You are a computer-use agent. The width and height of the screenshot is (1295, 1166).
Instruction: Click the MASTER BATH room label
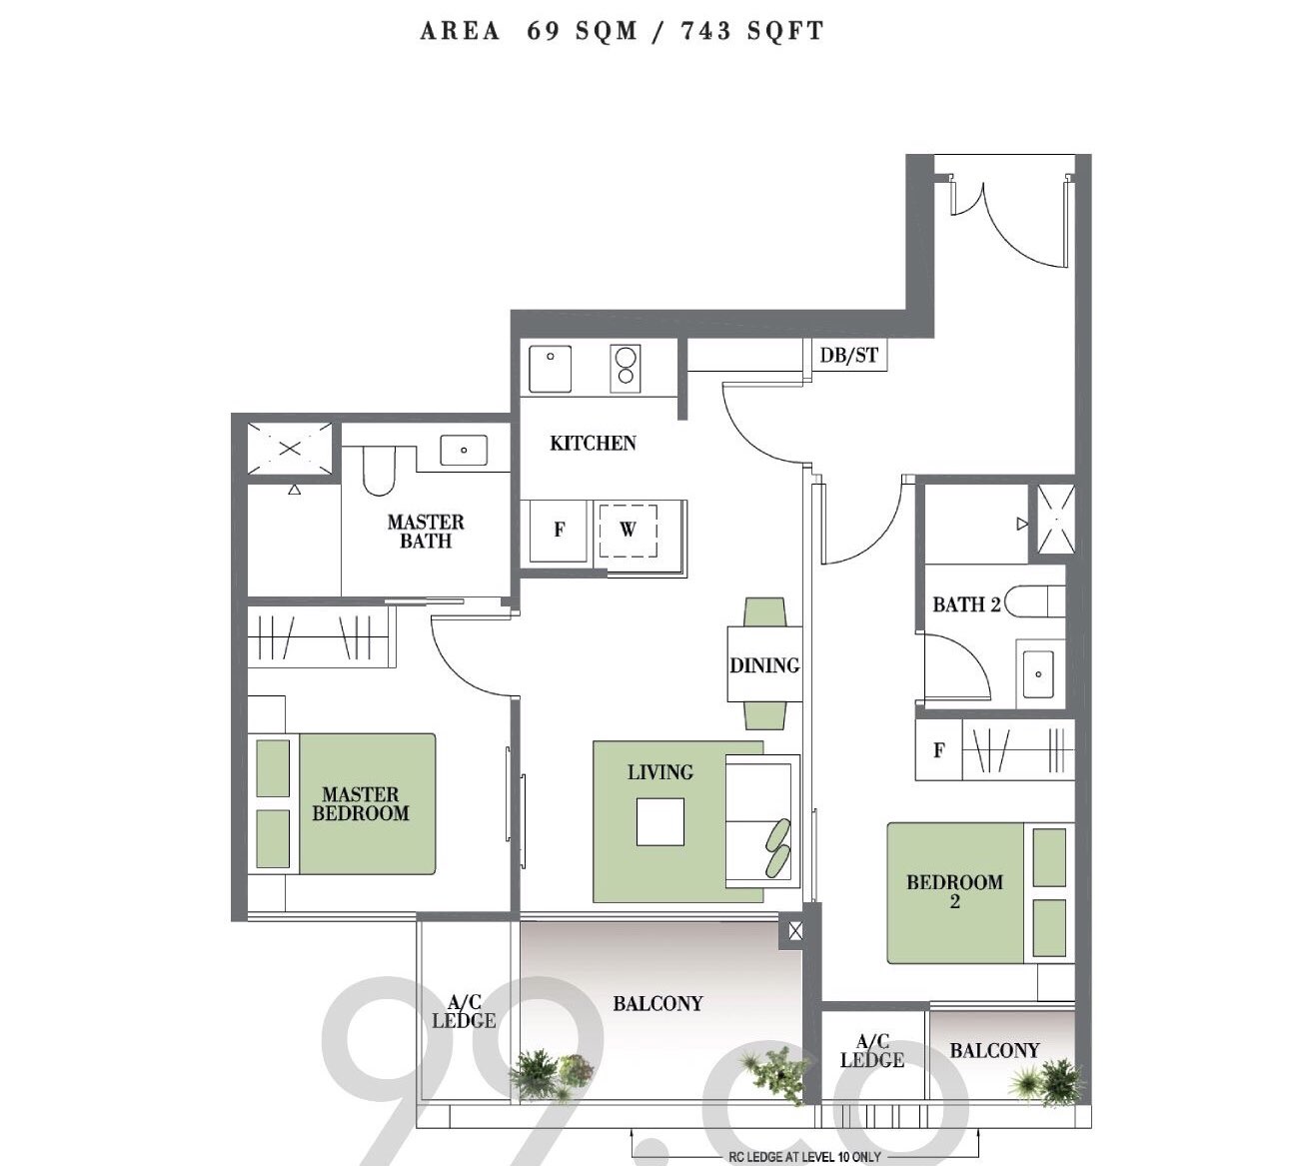pos(426,532)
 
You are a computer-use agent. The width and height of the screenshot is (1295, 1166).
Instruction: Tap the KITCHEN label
pos(593,443)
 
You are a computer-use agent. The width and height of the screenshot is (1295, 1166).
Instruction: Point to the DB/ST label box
pos(849,355)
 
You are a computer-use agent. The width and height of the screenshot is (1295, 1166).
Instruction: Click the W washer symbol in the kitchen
pos(628,531)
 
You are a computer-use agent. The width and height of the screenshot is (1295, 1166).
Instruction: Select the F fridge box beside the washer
pos(559,531)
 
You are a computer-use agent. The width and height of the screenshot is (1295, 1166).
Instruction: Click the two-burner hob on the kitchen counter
pos(625,368)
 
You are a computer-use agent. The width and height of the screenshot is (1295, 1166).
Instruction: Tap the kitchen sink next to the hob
pos(550,369)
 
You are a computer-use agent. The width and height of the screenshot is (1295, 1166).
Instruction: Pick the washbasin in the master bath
pos(464,450)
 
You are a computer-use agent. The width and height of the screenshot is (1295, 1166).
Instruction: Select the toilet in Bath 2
pos(1034,601)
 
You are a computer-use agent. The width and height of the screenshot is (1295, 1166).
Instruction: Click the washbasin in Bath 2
pos(1038,674)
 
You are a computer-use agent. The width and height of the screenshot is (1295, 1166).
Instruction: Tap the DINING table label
pos(764,665)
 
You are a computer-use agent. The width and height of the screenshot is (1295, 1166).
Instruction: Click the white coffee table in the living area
pos(659,822)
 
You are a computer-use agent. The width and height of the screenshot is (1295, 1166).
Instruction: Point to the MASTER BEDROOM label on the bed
pos(361,803)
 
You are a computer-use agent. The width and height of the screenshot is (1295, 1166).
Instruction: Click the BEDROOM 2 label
pos(955,891)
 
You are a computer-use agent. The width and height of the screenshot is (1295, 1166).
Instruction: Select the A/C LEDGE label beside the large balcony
pos(465,1011)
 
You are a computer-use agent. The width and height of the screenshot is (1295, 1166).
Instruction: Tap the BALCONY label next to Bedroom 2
pos(995,1051)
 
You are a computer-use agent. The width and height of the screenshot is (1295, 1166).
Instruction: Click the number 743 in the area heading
pos(706,31)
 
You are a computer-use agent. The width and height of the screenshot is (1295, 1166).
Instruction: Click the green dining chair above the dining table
pos(765,612)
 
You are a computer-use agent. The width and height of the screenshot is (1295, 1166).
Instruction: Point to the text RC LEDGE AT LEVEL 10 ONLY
pos(804,1158)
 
